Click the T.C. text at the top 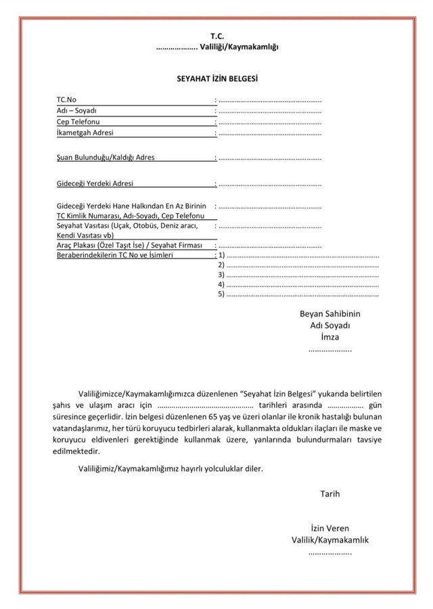(x=216, y=35)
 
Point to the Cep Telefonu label (x=78, y=121)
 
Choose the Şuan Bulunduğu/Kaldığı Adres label (x=106, y=158)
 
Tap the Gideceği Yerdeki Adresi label (x=95, y=183)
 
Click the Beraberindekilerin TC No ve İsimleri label (x=116, y=256)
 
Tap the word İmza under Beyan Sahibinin (x=330, y=336)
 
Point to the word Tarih (x=330, y=493)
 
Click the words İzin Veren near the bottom (x=329, y=528)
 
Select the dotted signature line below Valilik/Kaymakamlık (x=330, y=552)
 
